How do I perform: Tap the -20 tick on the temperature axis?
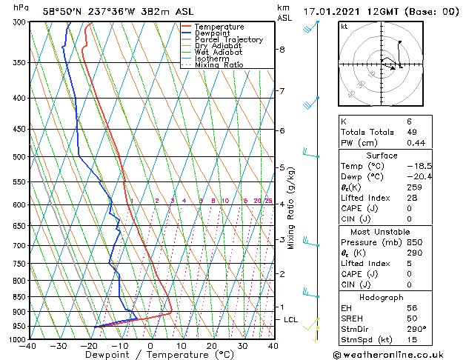click(x=89, y=346)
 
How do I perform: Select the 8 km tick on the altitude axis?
click(x=282, y=50)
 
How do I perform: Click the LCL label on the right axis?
click(x=291, y=319)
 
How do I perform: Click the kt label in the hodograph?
click(x=344, y=26)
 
